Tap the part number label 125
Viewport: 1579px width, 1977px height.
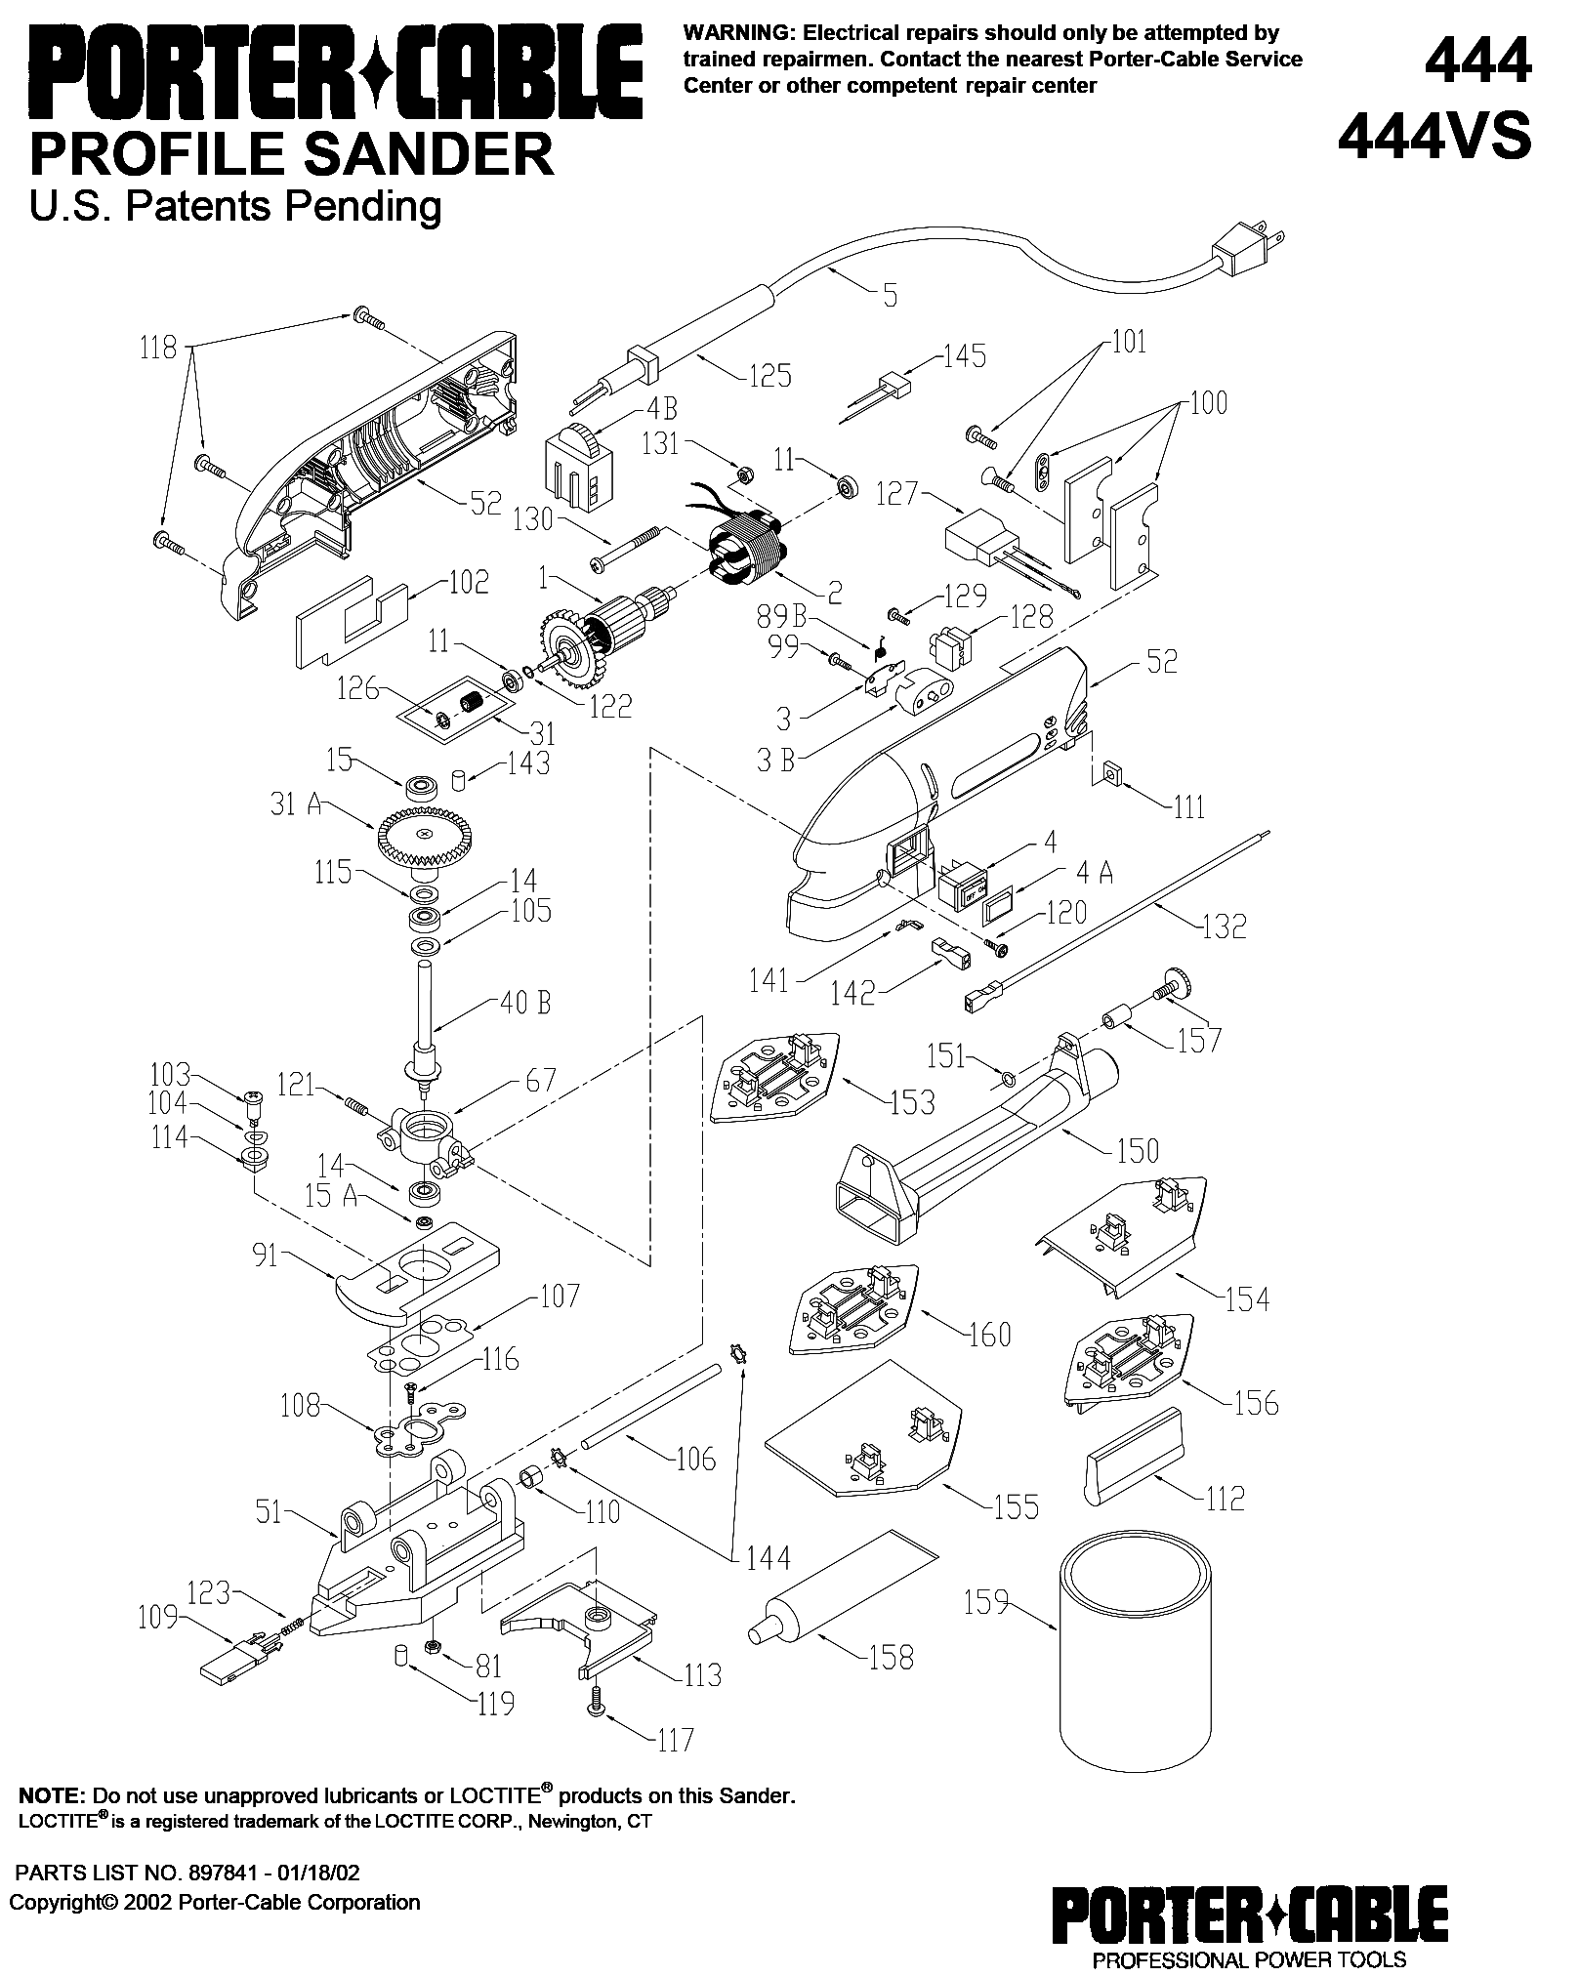769,375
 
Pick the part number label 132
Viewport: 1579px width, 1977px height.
1225,925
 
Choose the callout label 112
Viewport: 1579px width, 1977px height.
1225,1498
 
